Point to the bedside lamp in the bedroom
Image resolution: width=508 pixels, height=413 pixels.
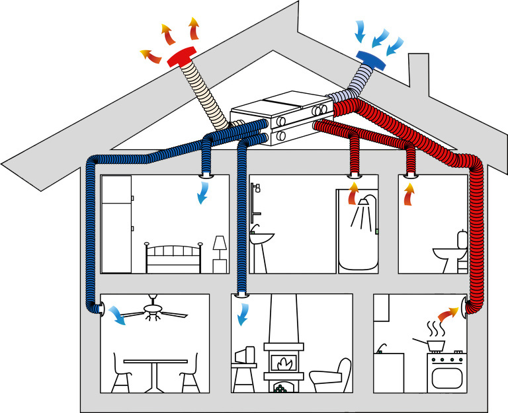point(220,252)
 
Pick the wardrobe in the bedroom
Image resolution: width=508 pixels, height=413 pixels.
point(117,223)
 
